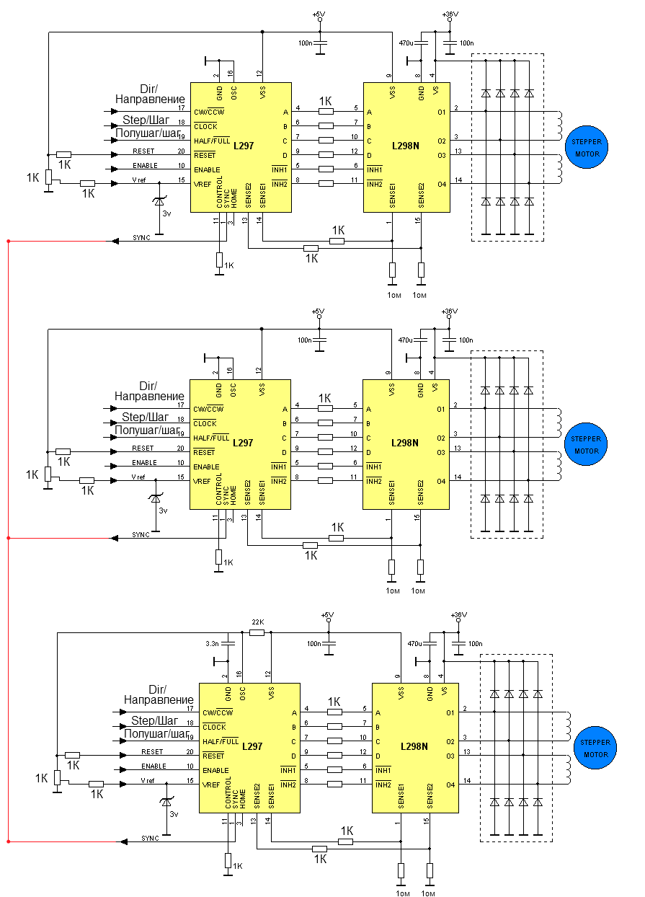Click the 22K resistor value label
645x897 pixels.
[x=257, y=622]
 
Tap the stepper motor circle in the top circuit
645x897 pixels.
[x=587, y=148]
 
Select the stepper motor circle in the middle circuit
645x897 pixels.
[x=586, y=445]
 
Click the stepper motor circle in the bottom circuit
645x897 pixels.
[x=595, y=748]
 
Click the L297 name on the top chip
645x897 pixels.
[x=244, y=146]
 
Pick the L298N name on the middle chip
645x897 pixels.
[x=405, y=443]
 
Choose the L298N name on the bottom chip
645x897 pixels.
[x=414, y=746]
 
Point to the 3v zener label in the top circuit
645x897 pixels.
[x=166, y=214]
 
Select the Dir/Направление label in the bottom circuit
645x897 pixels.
[x=159, y=694]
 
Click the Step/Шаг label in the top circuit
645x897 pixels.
[x=146, y=120]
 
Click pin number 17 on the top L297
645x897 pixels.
[x=181, y=108]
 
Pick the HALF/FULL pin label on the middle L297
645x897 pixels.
[x=211, y=438]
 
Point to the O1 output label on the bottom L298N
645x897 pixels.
[x=450, y=712]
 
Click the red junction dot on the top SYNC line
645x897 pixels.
[x=8, y=241]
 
